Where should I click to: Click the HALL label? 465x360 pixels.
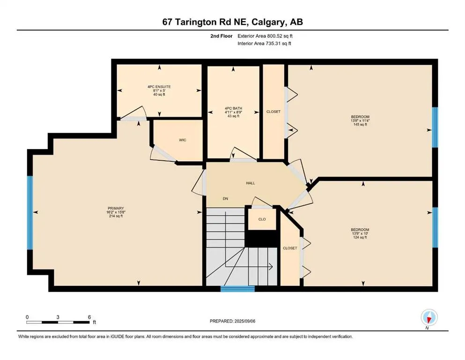251,183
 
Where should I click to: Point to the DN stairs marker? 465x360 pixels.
225,199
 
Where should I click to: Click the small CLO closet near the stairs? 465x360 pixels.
262,219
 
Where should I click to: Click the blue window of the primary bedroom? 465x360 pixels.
30,212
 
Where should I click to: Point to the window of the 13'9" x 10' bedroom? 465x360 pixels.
435,226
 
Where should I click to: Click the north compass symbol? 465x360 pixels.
428,318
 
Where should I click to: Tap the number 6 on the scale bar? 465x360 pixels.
89,317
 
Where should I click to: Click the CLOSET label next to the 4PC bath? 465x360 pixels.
273,112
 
